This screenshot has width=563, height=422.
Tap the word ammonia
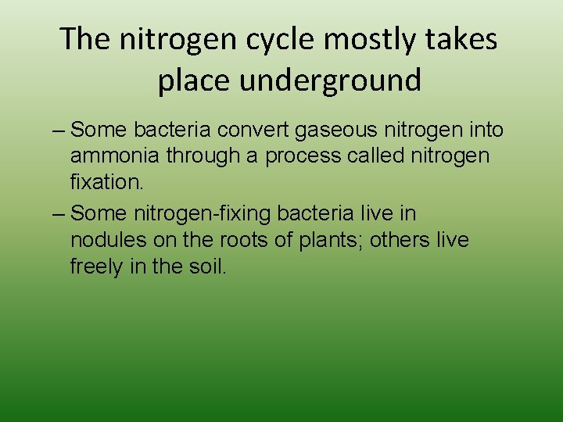click(113, 156)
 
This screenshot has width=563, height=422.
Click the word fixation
click(106, 182)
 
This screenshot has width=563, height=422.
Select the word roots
click(240, 239)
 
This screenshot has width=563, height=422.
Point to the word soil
click(208, 266)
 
